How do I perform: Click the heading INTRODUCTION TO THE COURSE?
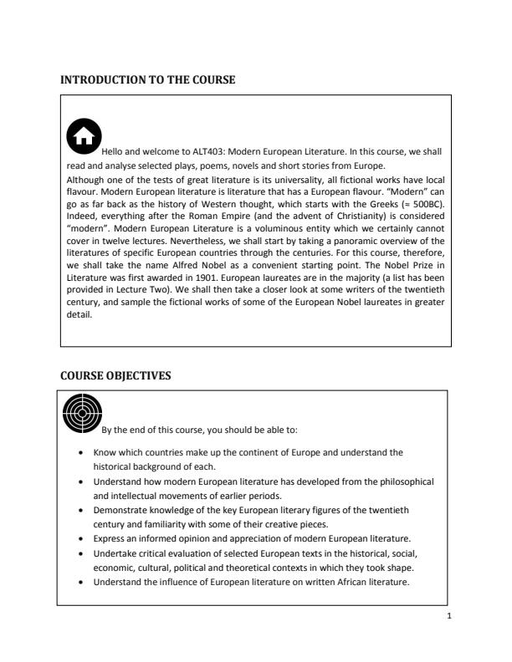pyautogui.click(x=148, y=80)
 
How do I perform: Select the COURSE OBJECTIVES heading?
pyautogui.click(x=116, y=376)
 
